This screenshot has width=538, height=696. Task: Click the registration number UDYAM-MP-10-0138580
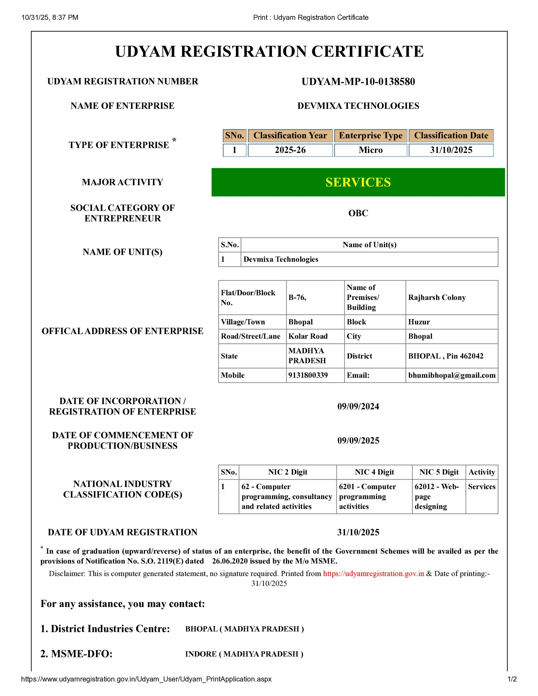click(358, 82)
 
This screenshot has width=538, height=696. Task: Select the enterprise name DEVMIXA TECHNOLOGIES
click(358, 106)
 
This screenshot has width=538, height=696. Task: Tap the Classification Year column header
click(290, 135)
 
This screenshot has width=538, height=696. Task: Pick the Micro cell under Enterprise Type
click(370, 150)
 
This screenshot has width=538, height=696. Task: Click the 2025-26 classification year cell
click(290, 150)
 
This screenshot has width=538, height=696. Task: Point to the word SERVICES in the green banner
click(358, 182)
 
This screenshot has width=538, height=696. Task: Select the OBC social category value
click(358, 213)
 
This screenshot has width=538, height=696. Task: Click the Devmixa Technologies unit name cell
click(281, 259)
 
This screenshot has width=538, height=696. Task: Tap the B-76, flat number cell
click(297, 297)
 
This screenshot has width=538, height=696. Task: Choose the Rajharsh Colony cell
click(437, 297)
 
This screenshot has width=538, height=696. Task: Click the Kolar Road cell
click(308, 336)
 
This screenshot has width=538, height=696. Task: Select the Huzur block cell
click(419, 322)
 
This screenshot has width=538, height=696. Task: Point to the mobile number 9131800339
click(308, 375)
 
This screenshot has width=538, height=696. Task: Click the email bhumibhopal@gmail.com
click(452, 375)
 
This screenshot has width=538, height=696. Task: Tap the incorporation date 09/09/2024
click(358, 406)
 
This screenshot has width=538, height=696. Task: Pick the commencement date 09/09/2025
click(358, 440)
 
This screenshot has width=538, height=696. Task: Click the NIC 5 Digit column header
click(438, 472)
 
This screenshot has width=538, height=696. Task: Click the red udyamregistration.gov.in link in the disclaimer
click(373, 574)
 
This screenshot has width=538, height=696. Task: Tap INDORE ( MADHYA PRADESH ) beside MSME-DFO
click(244, 654)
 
